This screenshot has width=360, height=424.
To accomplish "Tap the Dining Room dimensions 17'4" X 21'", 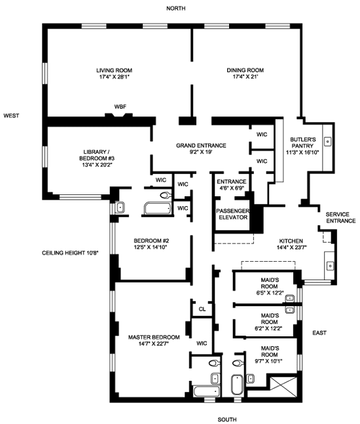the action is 245,77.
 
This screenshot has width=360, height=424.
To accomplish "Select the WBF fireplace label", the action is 120,107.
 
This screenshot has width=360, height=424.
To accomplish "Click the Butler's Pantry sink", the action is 328,141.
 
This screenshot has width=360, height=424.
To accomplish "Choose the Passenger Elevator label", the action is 232,214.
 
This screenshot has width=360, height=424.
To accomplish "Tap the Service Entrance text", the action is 340,217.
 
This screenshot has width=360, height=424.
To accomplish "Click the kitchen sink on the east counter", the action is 330,266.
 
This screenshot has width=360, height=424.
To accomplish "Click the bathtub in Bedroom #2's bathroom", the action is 158,208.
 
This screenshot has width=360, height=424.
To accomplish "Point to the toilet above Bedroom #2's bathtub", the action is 166,195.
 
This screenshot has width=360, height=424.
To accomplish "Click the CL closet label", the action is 202,309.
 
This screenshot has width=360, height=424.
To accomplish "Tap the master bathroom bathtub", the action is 206,391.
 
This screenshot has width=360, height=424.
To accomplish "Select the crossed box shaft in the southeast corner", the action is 283,387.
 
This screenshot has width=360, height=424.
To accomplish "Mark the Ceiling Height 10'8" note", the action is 70,253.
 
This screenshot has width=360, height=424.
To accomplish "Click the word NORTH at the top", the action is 176,9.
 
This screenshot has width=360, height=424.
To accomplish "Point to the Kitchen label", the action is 291,244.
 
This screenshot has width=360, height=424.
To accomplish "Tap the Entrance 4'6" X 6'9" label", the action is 232,185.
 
